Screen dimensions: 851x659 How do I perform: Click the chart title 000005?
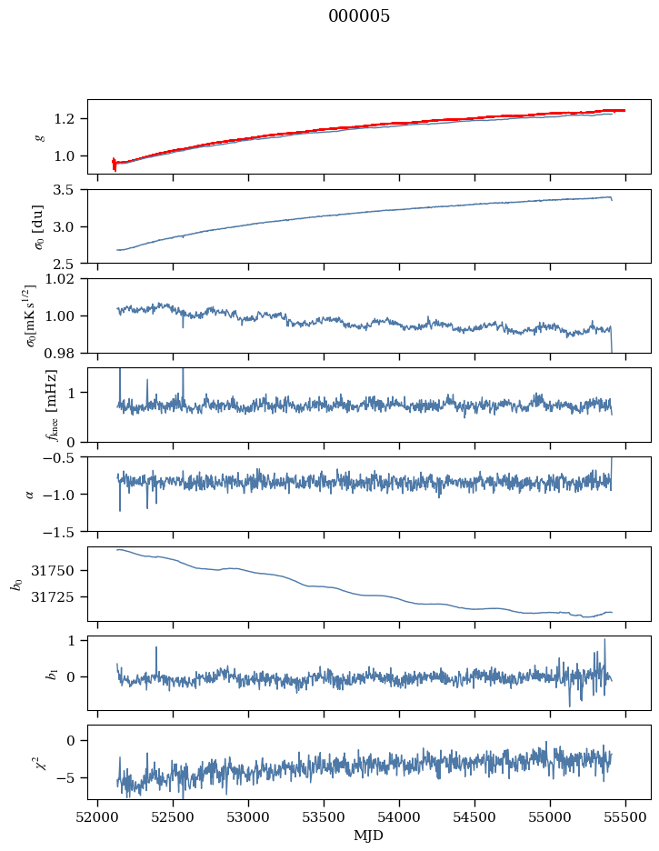[359, 15]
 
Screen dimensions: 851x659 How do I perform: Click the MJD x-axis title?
[369, 835]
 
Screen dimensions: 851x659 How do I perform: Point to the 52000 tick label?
[98, 816]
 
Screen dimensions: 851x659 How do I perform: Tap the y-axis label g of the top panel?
[38, 136]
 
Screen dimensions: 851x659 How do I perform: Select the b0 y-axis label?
[15, 583]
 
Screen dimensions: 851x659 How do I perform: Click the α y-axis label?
[30, 494]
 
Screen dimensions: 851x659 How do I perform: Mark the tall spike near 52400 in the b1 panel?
[156, 648]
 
